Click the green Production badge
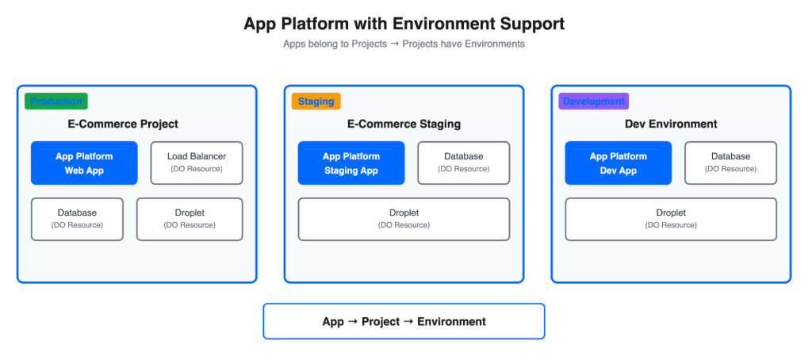point(56,101)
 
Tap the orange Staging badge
point(316,101)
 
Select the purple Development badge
point(593,101)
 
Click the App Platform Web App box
point(84,163)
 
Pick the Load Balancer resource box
point(197,163)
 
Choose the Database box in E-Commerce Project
point(77,219)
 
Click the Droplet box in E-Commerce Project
point(190,219)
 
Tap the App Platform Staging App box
point(351,163)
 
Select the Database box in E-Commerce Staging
point(463,163)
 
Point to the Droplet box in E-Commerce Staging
point(404,219)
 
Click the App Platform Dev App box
point(619,163)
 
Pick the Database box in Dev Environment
point(730,163)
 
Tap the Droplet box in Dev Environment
point(671,219)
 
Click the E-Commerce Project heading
point(123,124)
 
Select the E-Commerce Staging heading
point(404,124)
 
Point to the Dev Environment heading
point(671,124)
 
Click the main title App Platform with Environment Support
point(404,24)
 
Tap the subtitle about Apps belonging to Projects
point(404,44)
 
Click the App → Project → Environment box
point(404,321)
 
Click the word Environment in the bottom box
point(451,321)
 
